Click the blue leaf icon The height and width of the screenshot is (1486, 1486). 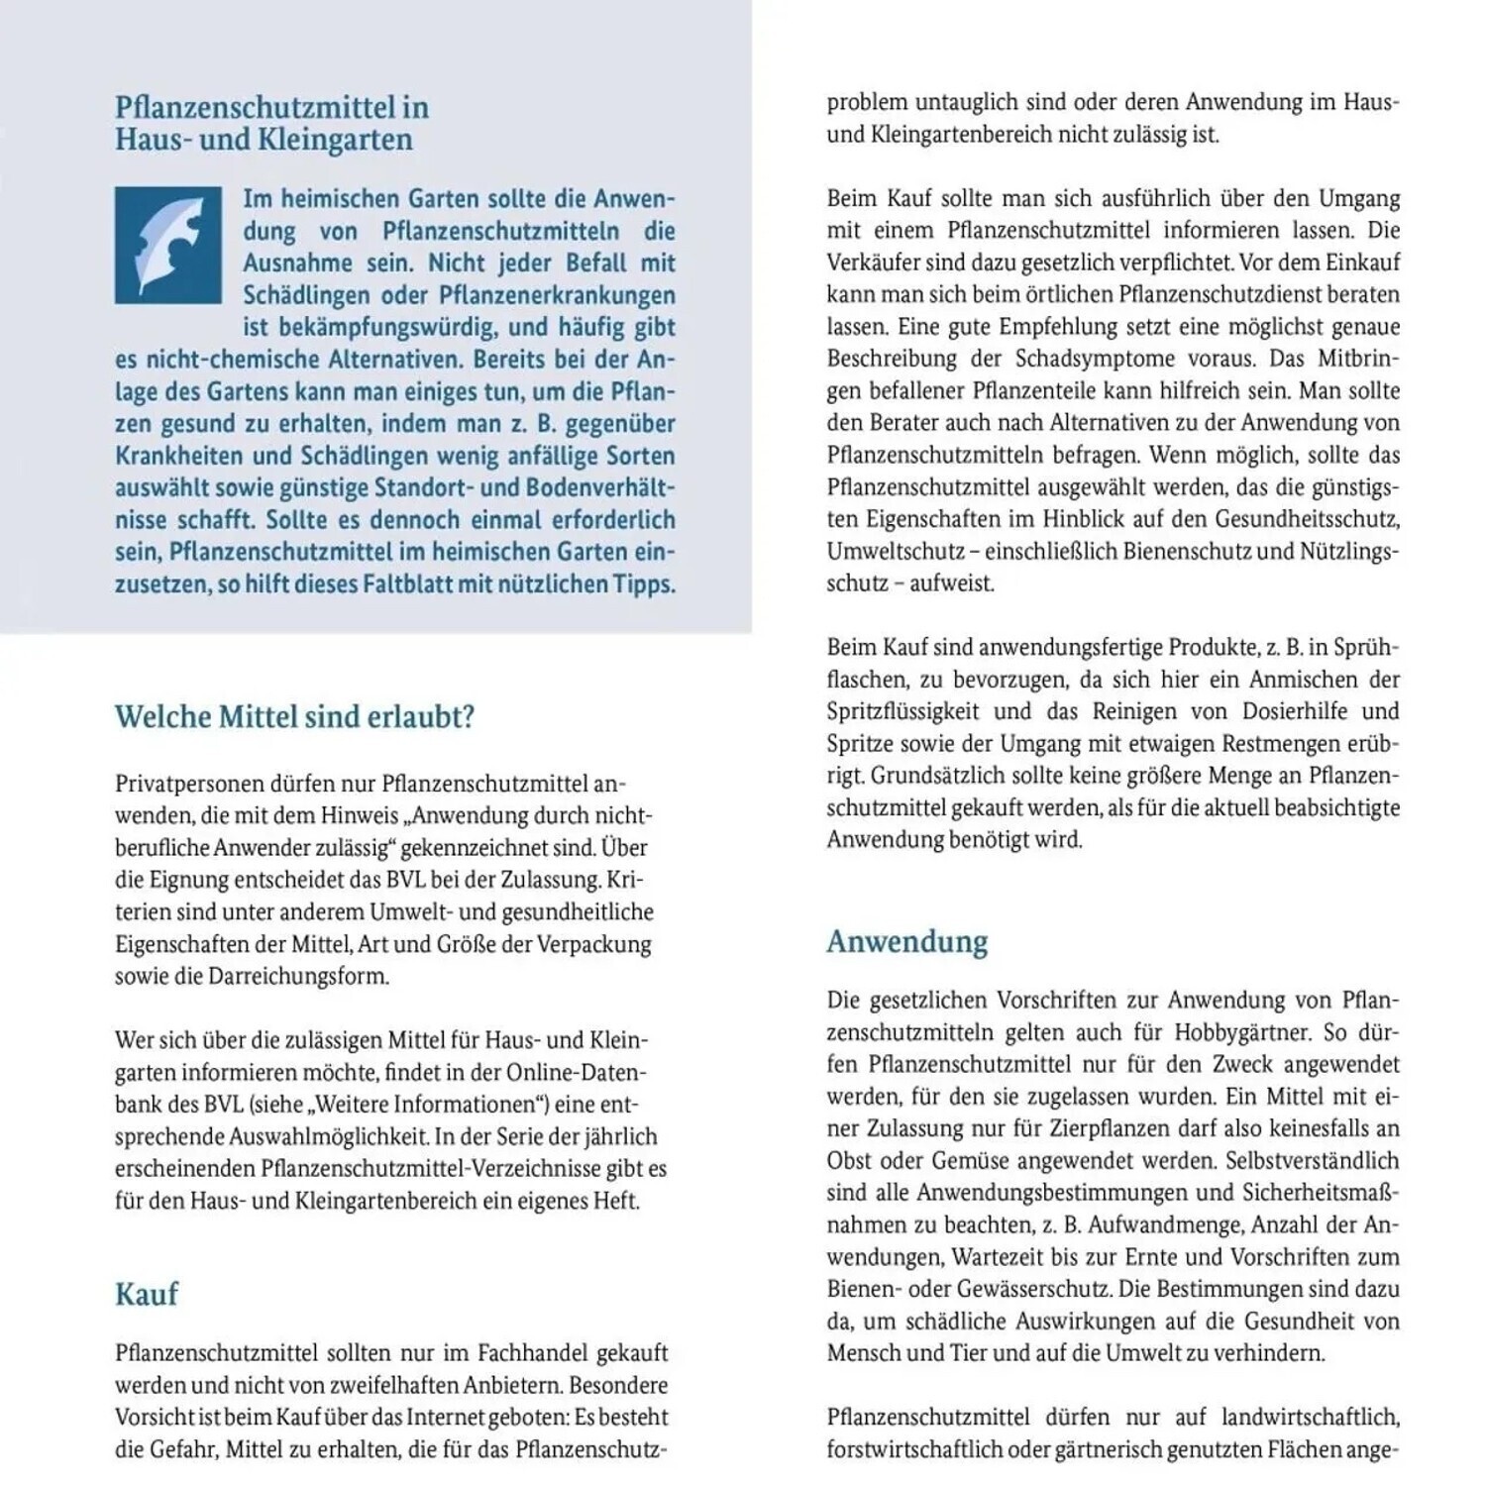(x=167, y=245)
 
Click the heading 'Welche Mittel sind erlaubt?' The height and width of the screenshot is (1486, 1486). (x=294, y=716)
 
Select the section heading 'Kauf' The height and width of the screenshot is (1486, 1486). (x=147, y=1294)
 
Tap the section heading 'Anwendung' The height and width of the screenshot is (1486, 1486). (x=907, y=941)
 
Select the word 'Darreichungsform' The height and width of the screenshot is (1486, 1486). (x=298, y=976)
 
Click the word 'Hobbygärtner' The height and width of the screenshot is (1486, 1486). (x=1242, y=1032)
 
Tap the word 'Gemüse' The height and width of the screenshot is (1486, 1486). (x=968, y=1160)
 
